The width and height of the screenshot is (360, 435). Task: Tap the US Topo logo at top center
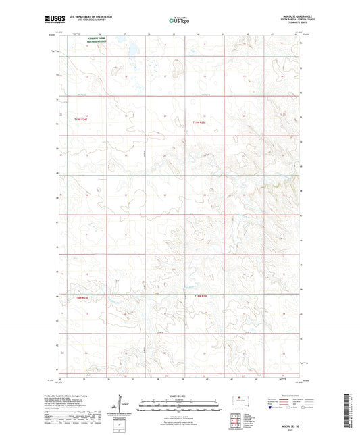[179, 21]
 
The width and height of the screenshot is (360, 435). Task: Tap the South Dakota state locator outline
[239, 399]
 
